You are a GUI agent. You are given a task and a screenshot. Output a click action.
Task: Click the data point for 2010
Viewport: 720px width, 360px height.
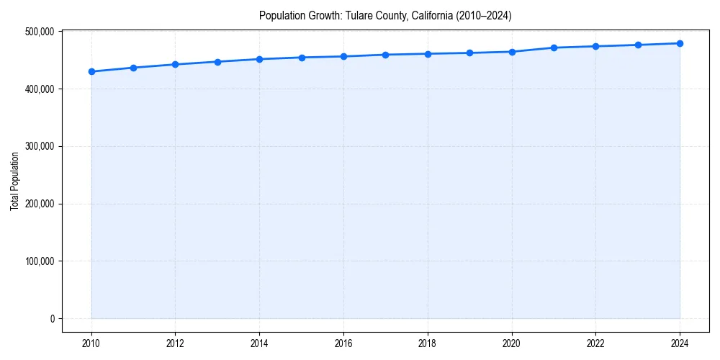[x=91, y=71]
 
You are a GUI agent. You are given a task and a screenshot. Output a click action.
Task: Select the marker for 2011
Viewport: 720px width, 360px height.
[x=133, y=68]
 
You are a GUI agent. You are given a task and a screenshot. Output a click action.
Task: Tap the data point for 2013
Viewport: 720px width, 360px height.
[x=217, y=62]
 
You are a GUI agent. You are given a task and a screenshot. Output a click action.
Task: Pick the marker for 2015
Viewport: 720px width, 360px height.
[x=302, y=58]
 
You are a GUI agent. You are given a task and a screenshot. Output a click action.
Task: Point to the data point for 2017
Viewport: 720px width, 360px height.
[x=386, y=55]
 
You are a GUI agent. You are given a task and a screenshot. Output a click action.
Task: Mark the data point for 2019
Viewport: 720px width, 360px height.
[x=469, y=53]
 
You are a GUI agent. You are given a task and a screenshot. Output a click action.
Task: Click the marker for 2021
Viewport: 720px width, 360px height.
[x=554, y=48]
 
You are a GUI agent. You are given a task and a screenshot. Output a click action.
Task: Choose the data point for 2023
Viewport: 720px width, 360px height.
[x=638, y=45]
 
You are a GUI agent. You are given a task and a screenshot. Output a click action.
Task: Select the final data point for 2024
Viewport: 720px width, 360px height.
[x=680, y=43]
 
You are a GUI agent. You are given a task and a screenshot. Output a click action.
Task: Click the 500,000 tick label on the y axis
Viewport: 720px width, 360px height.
[x=39, y=32]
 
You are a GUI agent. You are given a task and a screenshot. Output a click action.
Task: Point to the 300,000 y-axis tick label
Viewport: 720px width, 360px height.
[x=39, y=146]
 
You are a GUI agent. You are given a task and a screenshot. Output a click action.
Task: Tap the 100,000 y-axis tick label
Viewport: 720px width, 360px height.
[x=39, y=261]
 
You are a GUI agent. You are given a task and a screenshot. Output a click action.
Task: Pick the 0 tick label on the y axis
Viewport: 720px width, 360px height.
[x=51, y=319]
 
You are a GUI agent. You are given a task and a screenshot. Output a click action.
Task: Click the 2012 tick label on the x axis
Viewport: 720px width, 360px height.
[x=175, y=343]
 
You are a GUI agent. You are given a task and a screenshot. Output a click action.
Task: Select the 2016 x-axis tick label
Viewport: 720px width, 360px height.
[x=343, y=343]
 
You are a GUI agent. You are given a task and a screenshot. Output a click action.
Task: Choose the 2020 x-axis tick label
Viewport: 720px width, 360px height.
[x=512, y=343]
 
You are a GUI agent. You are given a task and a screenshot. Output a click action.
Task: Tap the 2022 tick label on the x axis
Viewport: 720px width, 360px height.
[x=595, y=343]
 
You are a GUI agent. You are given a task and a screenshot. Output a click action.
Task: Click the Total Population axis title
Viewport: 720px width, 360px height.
[x=14, y=181]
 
